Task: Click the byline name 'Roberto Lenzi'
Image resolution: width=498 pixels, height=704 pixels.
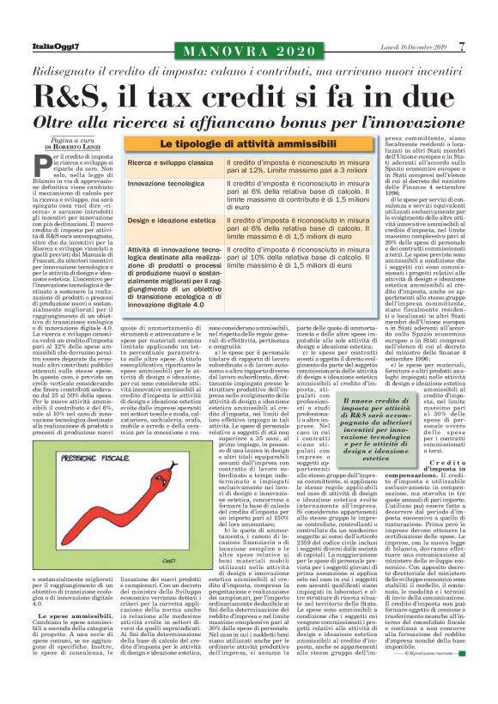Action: (78, 147)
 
